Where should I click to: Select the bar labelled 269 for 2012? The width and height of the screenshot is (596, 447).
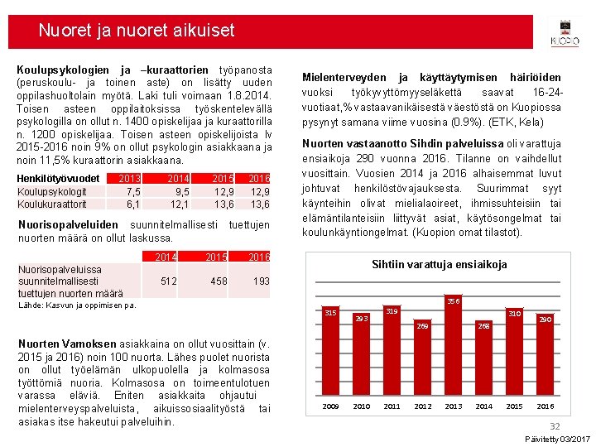pyautogui.click(x=423, y=362)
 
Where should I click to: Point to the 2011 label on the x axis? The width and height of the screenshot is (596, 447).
pyautogui.click(x=392, y=406)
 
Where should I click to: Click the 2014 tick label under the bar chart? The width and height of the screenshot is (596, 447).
pyautogui.click(x=484, y=406)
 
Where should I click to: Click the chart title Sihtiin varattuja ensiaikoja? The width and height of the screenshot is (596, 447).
pyautogui.click(x=439, y=265)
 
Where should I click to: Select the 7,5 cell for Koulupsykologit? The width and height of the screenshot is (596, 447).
pyautogui.click(x=132, y=191)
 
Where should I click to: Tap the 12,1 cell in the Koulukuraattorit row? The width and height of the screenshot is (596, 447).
pyautogui.click(x=179, y=204)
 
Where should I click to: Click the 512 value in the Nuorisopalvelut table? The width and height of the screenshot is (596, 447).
pyautogui.click(x=168, y=281)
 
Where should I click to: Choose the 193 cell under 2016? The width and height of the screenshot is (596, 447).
pyautogui.click(x=261, y=281)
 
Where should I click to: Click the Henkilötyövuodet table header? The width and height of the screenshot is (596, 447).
pyautogui.click(x=59, y=179)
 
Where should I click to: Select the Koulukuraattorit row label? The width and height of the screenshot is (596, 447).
pyautogui.click(x=51, y=204)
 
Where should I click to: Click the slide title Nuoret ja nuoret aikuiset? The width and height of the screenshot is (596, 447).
pyautogui.click(x=137, y=31)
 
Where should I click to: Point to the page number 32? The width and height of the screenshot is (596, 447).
pyautogui.click(x=555, y=425)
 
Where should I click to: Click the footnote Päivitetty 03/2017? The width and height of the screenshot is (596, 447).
pyautogui.click(x=557, y=438)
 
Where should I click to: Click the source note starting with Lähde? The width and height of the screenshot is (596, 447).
pyautogui.click(x=77, y=305)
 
